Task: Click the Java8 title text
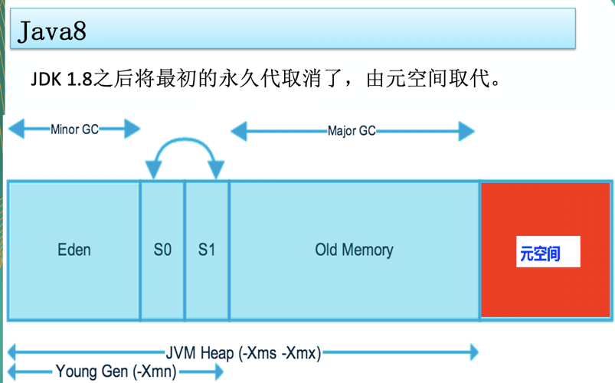pos(53,31)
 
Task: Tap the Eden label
pos(74,250)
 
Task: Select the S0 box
pos(162,250)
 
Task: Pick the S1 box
pos(207,250)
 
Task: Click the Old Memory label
pos(354,250)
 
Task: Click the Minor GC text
pos(74,129)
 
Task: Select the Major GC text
pos(352,131)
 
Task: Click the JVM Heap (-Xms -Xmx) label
pos(244,353)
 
